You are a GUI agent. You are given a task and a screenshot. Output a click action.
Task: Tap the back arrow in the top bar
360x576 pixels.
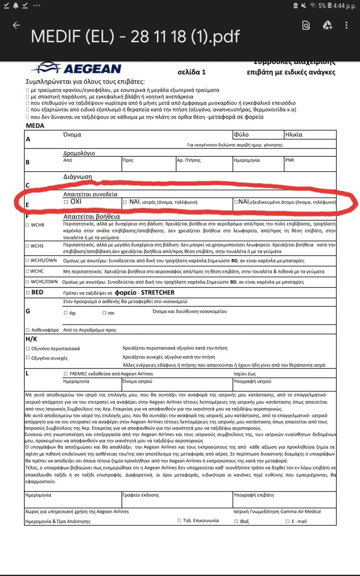click(x=16, y=25)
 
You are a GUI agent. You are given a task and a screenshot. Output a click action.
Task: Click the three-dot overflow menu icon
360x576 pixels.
click(x=347, y=25)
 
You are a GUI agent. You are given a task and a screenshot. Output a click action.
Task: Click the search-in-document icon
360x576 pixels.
click(x=306, y=25)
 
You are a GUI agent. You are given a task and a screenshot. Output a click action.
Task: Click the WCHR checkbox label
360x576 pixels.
click(x=37, y=225)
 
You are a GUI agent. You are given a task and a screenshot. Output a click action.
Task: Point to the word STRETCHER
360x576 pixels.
click(x=158, y=292)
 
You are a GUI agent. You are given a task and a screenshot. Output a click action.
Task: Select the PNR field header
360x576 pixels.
click(x=289, y=160)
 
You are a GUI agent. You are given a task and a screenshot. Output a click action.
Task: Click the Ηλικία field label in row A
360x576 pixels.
click(x=294, y=135)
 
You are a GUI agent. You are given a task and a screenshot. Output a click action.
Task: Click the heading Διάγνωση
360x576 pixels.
click(x=77, y=177)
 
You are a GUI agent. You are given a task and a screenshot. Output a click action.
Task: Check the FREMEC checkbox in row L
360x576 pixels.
click(x=66, y=373)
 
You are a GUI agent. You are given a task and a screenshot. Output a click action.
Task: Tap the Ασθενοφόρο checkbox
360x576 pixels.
click(x=27, y=330)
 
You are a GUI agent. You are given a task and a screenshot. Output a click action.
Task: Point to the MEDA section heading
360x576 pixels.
click(x=35, y=126)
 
